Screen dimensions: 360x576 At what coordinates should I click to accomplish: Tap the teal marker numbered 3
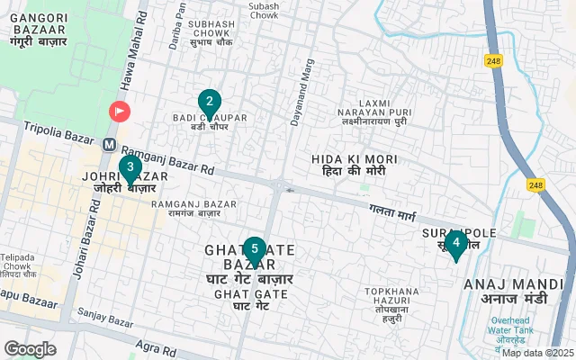(130, 167)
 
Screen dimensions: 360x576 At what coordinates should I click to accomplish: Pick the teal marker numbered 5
(255, 249)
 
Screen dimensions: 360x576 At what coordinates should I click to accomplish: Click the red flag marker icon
(119, 112)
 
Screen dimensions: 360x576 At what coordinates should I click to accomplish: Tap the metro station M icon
(110, 144)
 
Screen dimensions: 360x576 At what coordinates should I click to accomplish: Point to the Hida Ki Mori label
(348, 164)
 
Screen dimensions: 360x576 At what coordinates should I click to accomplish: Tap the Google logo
(30, 349)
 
